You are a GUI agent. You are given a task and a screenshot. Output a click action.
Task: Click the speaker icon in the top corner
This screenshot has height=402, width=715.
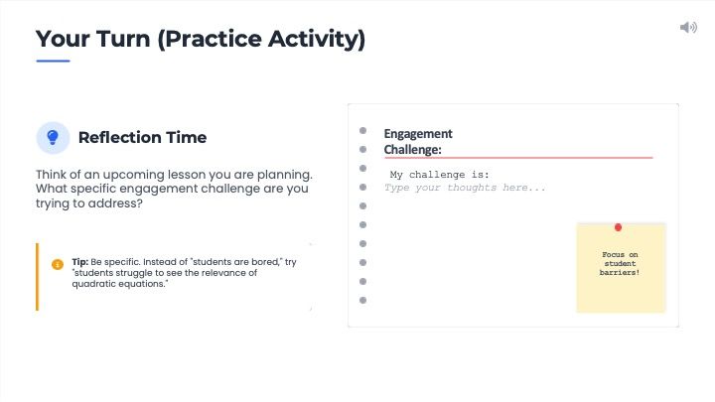click(x=688, y=27)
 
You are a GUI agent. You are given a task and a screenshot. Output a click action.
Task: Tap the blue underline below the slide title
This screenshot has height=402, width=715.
click(x=53, y=61)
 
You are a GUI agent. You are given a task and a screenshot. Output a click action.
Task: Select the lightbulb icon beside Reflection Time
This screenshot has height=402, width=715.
click(x=53, y=137)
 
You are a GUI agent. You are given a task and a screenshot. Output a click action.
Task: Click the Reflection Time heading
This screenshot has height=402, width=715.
click(x=142, y=137)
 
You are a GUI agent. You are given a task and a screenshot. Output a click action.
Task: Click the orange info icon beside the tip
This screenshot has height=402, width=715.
click(x=58, y=264)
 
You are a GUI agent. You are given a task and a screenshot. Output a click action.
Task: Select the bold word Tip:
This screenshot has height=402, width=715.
click(x=79, y=262)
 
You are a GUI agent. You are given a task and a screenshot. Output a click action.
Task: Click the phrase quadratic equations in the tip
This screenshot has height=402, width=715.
click(x=117, y=284)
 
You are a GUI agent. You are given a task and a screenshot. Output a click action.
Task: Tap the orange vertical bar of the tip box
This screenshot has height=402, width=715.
click(x=37, y=277)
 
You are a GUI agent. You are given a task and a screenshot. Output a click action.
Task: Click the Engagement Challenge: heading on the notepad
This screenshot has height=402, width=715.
click(x=417, y=142)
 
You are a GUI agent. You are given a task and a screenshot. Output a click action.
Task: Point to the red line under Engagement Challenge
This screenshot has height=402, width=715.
click(x=517, y=157)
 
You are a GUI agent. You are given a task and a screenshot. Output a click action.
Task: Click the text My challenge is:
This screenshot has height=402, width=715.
click(x=440, y=175)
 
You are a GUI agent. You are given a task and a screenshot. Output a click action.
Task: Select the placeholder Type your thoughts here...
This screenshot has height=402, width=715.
click(x=465, y=188)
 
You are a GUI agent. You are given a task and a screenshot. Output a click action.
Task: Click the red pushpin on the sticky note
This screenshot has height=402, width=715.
click(x=619, y=228)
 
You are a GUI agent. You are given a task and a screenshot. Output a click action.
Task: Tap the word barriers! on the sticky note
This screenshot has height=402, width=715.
click(x=620, y=272)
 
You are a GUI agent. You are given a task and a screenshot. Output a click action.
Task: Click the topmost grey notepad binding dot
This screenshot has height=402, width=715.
click(x=363, y=131)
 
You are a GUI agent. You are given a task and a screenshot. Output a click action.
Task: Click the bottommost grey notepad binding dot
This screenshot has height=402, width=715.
click(x=363, y=300)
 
